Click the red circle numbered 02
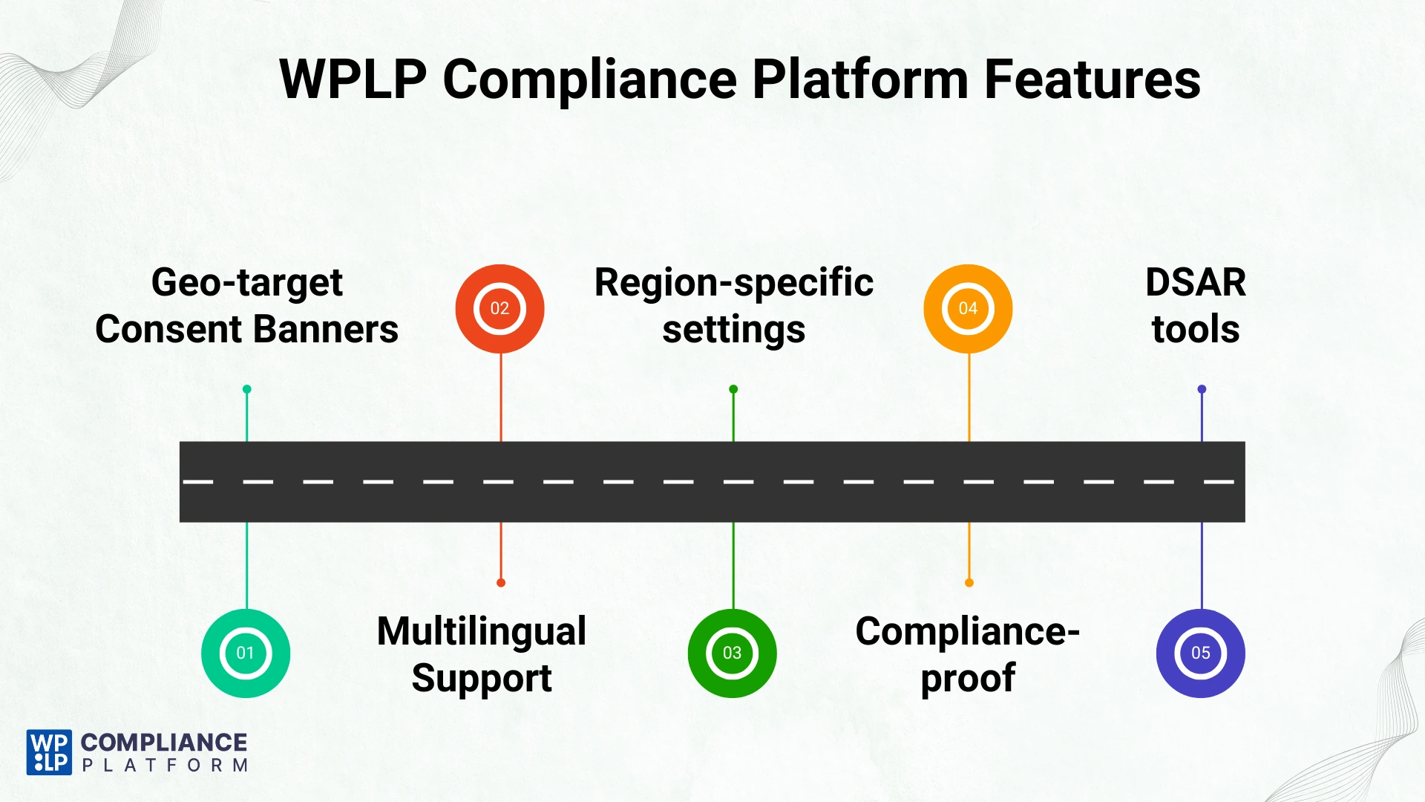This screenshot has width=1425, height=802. pos(499,308)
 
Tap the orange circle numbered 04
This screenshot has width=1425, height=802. pos(968,308)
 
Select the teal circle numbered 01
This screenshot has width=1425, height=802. pos(246,653)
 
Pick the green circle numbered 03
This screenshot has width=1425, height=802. pos(732,653)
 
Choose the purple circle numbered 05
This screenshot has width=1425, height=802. pos(1200,653)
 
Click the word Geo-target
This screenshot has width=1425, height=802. pos(246,283)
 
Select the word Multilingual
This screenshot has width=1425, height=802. pos(482,631)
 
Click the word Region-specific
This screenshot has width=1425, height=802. pos(733,283)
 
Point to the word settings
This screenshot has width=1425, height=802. pos(733,329)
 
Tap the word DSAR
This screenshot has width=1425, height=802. pos(1195,283)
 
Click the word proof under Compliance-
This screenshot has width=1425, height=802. pos(967,678)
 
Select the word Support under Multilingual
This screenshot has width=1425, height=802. pos(482,678)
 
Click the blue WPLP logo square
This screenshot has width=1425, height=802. pos(49,752)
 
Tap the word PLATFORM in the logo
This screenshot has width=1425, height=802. pos(165,766)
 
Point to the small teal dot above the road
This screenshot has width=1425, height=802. pos(247,389)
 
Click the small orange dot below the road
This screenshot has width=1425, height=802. pos(969,583)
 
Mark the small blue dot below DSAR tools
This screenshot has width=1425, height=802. pos(1202,389)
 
